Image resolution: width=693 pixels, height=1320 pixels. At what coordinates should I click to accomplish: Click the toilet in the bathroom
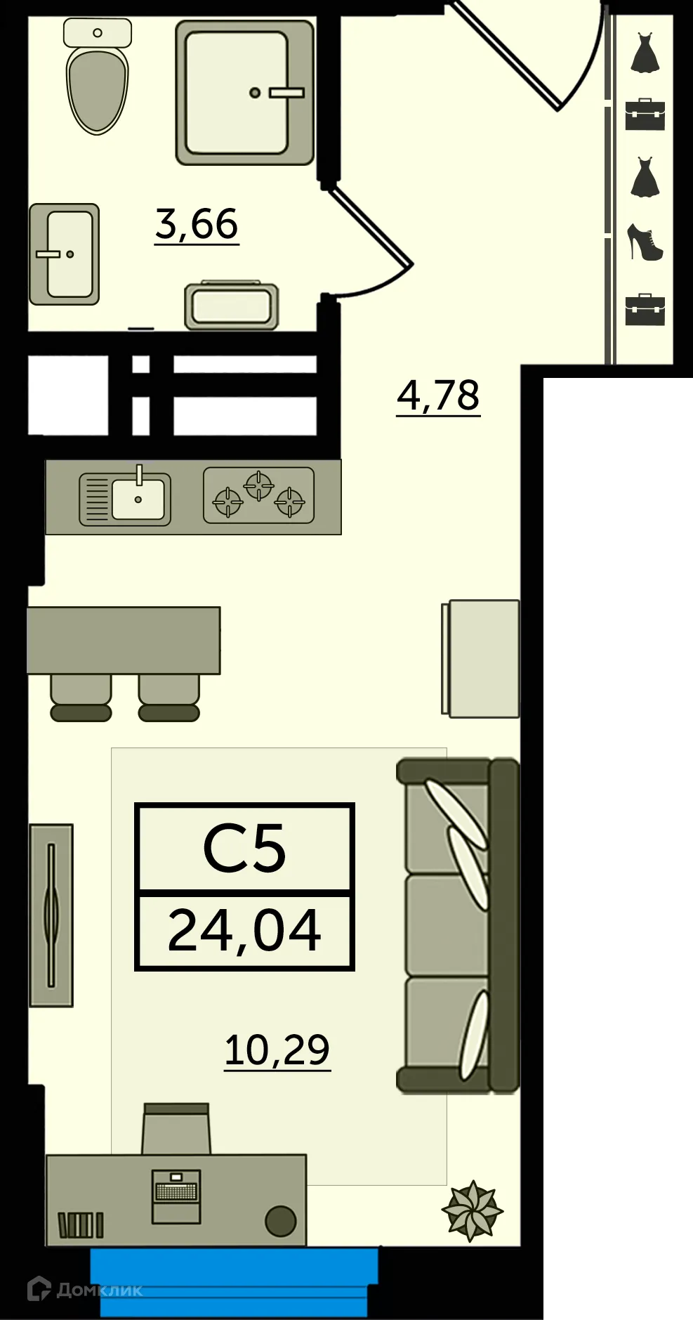(x=98, y=84)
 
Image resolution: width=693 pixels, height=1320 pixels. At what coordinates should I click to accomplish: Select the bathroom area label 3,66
(x=197, y=224)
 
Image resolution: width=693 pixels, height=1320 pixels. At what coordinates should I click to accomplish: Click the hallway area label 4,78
(x=438, y=395)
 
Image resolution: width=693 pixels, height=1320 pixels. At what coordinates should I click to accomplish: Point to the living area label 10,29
(x=277, y=1050)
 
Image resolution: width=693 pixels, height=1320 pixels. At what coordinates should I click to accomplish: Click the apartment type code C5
(x=244, y=849)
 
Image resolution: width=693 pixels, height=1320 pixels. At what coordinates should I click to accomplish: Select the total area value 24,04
(x=244, y=930)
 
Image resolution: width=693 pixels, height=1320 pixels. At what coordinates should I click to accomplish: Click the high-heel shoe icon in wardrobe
(x=645, y=242)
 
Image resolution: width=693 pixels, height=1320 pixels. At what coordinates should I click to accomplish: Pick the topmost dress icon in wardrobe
(x=645, y=53)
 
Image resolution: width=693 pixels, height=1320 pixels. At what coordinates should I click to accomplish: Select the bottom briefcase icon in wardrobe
(x=645, y=309)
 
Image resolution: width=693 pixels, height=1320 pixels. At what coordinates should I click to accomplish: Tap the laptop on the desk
(x=177, y=1196)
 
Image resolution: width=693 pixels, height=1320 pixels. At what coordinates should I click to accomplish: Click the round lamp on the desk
(x=280, y=1221)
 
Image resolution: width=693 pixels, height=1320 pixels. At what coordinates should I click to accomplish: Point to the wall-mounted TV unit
(x=51, y=915)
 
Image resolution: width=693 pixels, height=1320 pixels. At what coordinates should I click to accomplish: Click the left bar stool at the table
(x=81, y=698)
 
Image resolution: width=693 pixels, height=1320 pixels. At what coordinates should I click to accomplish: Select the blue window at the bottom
(x=234, y=1281)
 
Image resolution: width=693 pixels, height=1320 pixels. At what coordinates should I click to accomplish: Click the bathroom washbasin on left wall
(x=64, y=254)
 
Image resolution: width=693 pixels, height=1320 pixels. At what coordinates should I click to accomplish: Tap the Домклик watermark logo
(x=84, y=1289)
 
